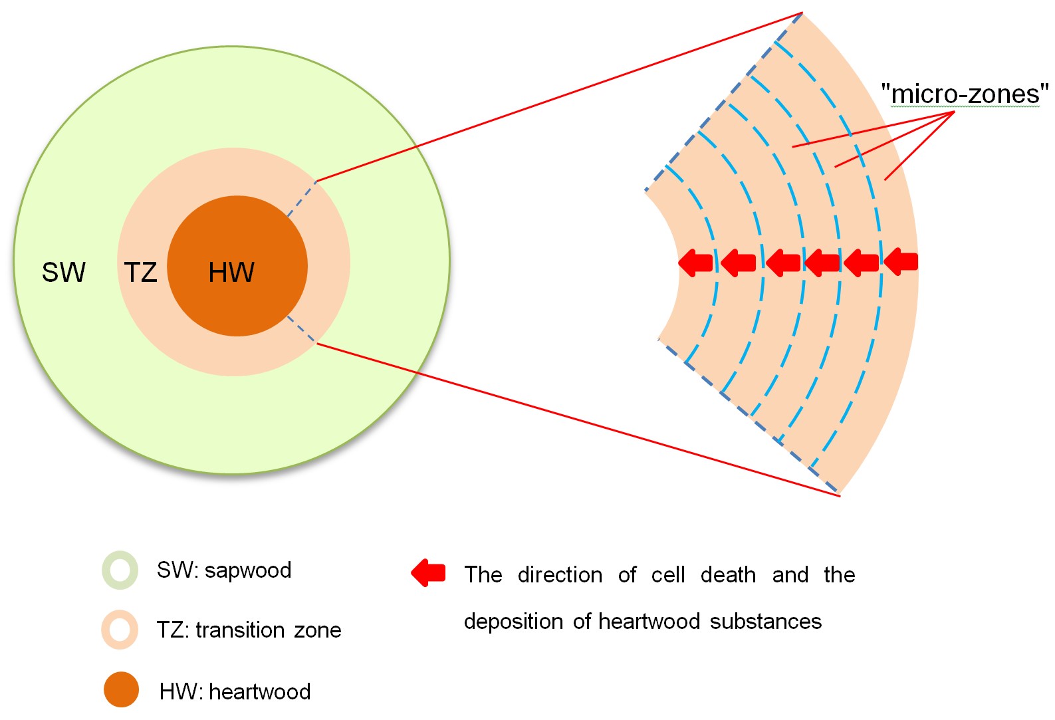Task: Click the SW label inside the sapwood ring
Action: point(64,272)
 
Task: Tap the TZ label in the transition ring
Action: point(140,273)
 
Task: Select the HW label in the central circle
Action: point(231,273)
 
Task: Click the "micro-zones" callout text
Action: point(965,94)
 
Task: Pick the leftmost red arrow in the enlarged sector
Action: point(695,263)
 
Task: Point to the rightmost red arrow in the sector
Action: point(901,261)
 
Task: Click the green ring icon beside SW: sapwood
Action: point(120,570)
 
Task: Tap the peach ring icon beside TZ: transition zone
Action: point(120,630)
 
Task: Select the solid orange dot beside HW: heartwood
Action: point(121,689)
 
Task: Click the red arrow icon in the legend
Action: point(429,572)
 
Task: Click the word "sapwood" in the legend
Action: point(248,570)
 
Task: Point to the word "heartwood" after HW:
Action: point(260,692)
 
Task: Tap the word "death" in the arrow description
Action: point(728,575)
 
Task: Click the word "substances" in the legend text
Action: point(766,622)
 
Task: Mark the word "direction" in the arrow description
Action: point(560,575)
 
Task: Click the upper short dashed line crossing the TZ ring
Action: point(302,197)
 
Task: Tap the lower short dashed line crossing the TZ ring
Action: point(302,330)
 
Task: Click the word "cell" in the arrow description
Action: point(667,575)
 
